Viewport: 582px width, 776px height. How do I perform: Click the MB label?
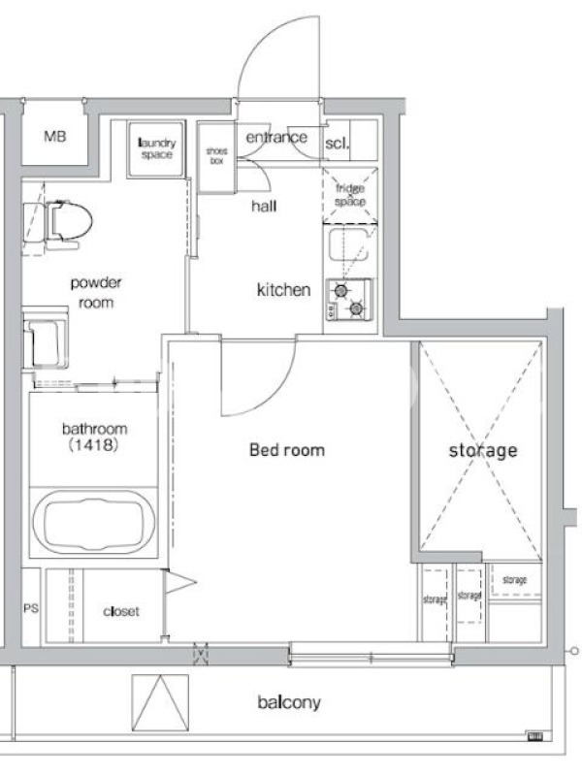point(54,136)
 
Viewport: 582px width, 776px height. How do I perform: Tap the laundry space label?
point(156,148)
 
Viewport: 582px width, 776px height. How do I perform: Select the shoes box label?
point(216,156)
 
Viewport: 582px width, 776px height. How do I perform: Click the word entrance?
point(276,137)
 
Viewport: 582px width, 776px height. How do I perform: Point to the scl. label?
point(337,144)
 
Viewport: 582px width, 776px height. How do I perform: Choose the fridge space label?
point(350,195)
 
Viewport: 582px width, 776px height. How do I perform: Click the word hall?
point(264,206)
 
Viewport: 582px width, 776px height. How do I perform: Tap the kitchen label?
point(283,289)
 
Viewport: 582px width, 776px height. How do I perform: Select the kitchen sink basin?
point(348,243)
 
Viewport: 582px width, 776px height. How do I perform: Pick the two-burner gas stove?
point(348,300)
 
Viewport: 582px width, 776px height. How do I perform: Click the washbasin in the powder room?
point(45,338)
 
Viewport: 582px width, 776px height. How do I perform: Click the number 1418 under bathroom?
point(93,445)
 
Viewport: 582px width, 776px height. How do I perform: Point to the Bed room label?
point(287,450)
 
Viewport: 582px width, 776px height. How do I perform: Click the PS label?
point(31,608)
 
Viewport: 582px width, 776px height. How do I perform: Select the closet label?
point(121,612)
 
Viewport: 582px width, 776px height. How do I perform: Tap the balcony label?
point(289,702)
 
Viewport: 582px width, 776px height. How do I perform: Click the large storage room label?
point(483,450)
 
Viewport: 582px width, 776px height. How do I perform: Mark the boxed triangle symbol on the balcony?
point(160,702)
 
